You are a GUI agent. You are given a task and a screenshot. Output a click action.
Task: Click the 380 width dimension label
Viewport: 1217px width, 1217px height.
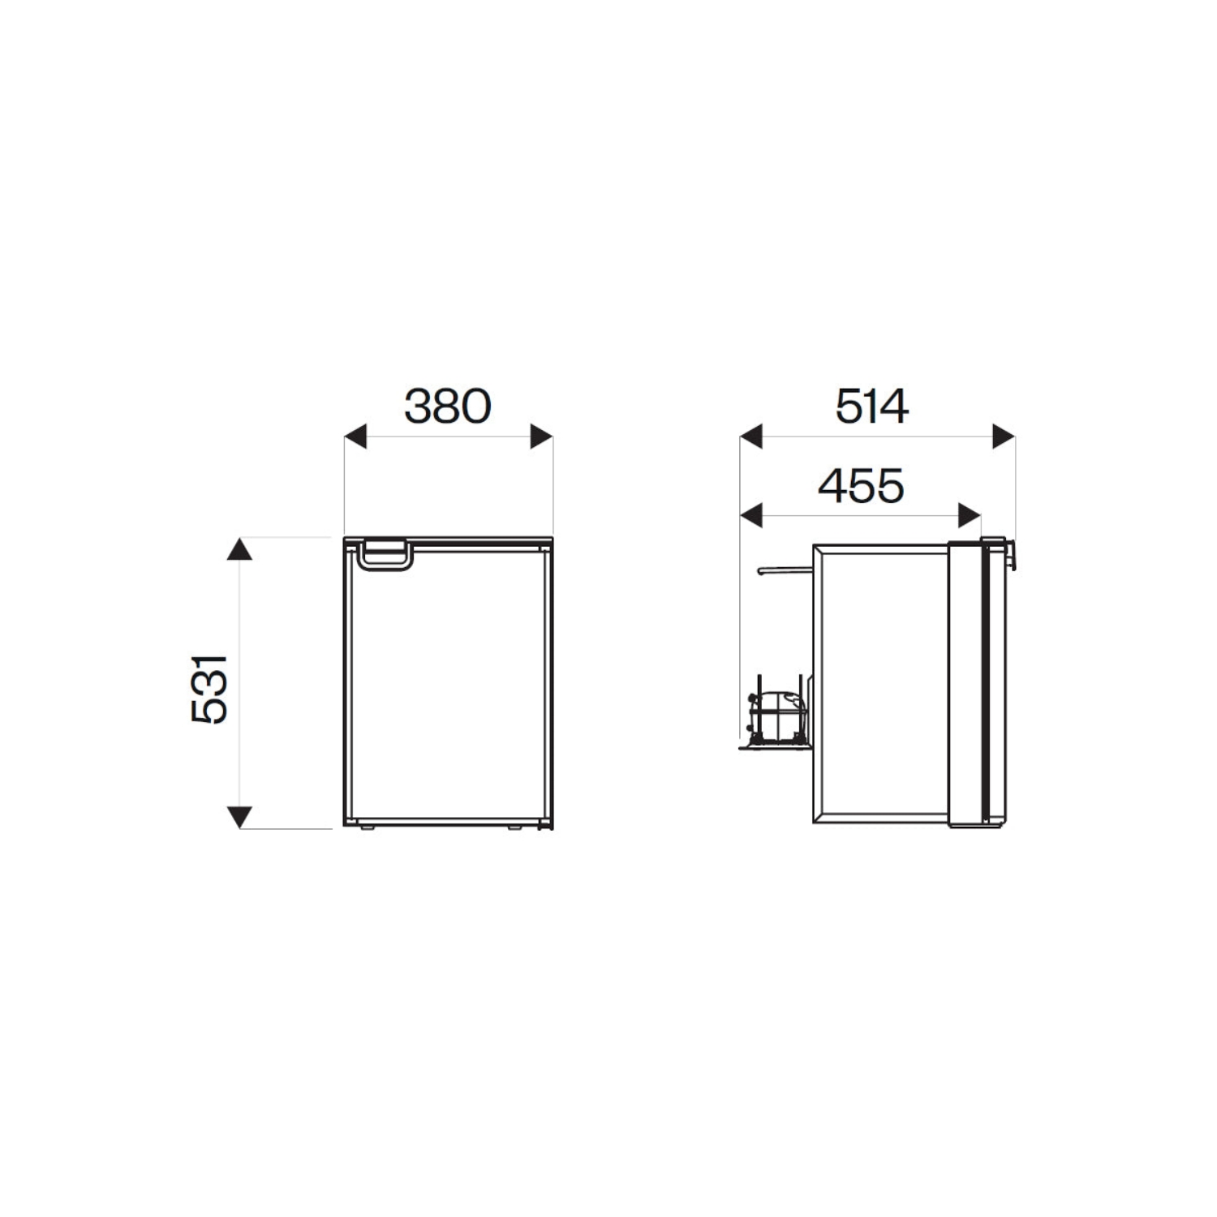(448, 406)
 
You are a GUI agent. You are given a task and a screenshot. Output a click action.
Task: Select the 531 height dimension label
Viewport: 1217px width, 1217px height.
(209, 689)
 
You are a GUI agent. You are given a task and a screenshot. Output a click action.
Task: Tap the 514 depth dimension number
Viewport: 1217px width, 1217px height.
(872, 406)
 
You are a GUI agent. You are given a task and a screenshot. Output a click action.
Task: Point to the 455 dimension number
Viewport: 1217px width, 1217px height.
(861, 486)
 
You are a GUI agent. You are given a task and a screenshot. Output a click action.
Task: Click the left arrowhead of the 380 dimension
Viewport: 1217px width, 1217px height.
(355, 436)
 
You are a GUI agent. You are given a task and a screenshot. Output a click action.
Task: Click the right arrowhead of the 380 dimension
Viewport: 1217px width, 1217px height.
(541, 436)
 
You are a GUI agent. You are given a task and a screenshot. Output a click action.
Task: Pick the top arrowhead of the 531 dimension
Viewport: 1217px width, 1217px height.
(239, 549)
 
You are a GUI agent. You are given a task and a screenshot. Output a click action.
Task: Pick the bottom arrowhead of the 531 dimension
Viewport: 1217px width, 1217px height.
(239, 817)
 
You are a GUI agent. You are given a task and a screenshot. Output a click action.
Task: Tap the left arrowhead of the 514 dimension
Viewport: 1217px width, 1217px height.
(751, 436)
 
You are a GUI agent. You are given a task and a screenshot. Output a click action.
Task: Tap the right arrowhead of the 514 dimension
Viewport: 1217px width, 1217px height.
(1004, 436)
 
